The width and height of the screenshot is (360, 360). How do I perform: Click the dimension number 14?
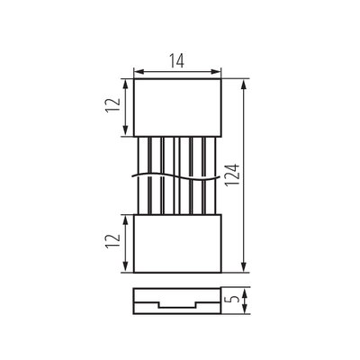[x=176, y=60]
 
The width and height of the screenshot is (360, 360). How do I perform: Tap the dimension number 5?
[x=236, y=300]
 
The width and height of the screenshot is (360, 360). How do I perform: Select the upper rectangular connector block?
[x=177, y=108]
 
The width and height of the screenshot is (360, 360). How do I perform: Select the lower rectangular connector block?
[x=177, y=244]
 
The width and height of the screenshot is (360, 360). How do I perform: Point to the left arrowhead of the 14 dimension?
[x=139, y=72]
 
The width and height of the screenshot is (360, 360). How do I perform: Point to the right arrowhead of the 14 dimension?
[x=216, y=72]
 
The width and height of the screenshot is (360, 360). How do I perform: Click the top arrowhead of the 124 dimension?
[x=244, y=85]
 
